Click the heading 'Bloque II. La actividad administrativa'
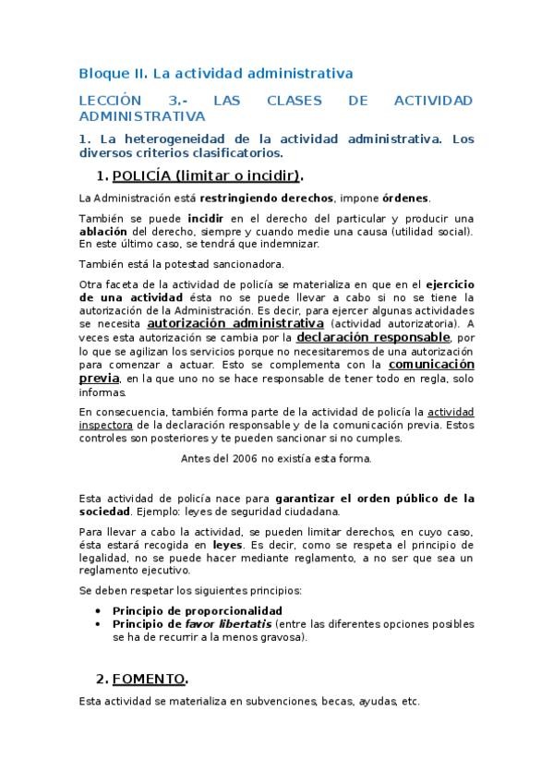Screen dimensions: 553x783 (216, 72)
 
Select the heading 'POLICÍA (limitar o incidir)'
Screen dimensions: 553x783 (207, 175)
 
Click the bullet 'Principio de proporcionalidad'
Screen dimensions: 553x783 (198, 611)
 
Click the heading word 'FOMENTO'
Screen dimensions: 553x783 (149, 680)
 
